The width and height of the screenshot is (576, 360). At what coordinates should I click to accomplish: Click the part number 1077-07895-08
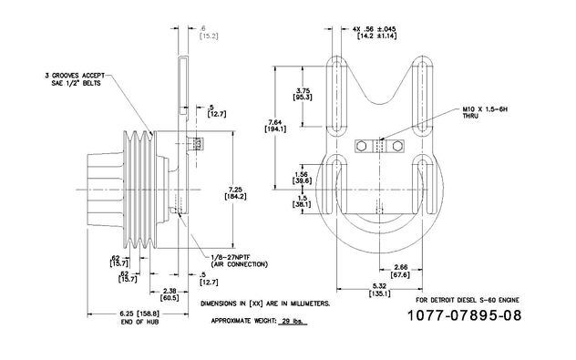coord(464,315)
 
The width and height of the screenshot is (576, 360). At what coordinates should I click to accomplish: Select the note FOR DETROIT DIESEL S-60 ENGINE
coord(468,300)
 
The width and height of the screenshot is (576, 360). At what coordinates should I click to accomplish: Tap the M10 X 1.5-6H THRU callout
coord(485,112)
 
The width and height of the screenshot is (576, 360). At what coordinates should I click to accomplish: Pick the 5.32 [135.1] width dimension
coord(379,290)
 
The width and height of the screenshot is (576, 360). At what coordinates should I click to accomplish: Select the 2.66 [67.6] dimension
coord(400,271)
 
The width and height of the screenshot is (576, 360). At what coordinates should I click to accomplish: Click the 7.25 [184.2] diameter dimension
coord(235,193)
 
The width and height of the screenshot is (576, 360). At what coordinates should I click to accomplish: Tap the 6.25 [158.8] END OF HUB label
coord(139,318)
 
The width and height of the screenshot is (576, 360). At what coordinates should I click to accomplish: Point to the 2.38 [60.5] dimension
coord(170,294)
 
